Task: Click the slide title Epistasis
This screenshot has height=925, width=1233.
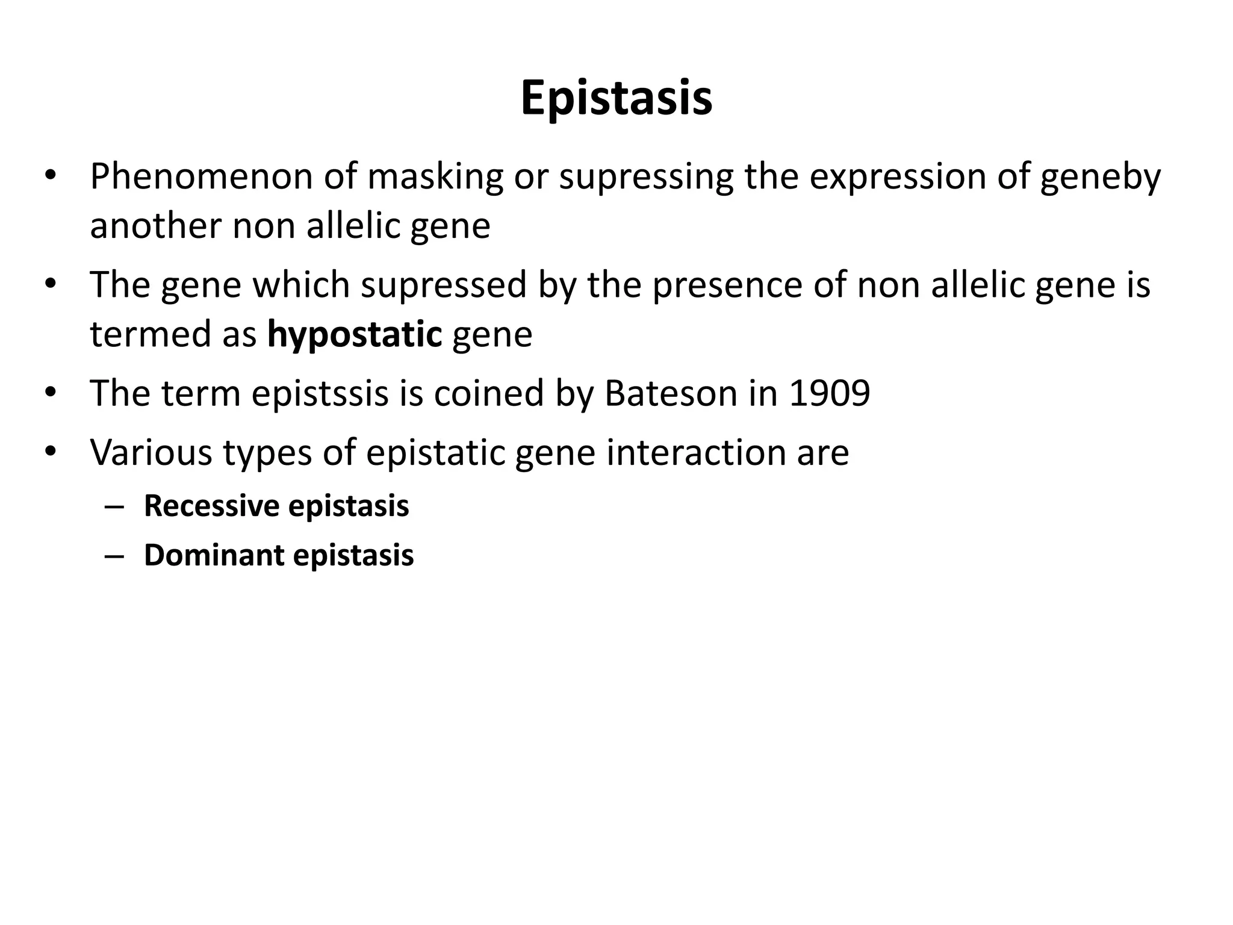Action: pyautogui.click(x=616, y=99)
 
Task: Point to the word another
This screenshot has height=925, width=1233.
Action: pyautogui.click(x=155, y=226)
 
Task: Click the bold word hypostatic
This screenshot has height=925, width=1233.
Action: pyautogui.click(x=355, y=334)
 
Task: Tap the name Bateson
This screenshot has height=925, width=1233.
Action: pyautogui.click(x=671, y=393)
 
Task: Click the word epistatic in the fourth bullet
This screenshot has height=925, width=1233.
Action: pyautogui.click(x=435, y=452)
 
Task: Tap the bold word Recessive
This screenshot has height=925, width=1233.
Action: pyautogui.click(x=211, y=506)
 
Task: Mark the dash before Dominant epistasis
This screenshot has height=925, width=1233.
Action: pyautogui.click(x=113, y=556)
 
